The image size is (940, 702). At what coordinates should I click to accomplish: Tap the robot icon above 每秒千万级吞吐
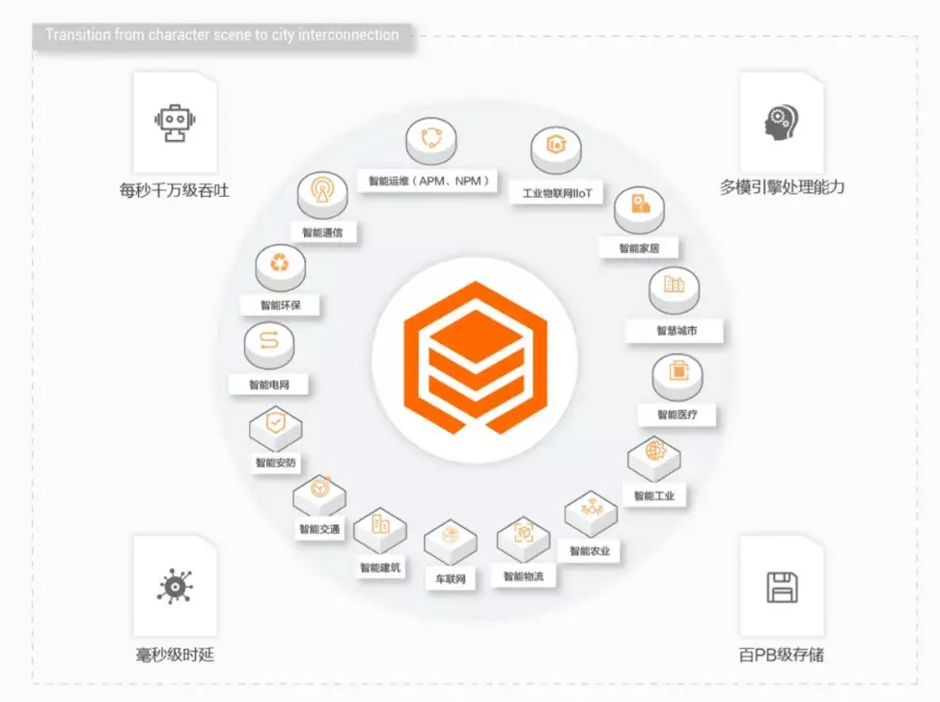click(x=175, y=124)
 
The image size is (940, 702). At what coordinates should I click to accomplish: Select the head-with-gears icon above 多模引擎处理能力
click(x=781, y=124)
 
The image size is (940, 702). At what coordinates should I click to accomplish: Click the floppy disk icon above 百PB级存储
click(x=781, y=587)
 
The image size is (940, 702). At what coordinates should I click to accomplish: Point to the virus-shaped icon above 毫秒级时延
click(x=175, y=587)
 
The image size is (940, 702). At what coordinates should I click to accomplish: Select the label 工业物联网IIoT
click(x=557, y=193)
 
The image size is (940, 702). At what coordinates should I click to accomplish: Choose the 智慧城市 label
click(x=676, y=330)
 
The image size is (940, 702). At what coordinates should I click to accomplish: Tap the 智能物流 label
click(x=523, y=576)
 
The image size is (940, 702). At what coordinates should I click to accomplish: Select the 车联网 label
click(x=451, y=579)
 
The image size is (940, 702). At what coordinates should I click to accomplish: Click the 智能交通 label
click(x=318, y=529)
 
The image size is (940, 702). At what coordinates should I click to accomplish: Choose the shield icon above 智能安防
click(x=276, y=423)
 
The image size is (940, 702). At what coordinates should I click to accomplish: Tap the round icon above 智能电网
click(x=269, y=341)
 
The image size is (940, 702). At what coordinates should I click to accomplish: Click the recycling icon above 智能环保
click(x=280, y=262)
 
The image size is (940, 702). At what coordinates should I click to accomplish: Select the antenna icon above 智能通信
click(x=321, y=191)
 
